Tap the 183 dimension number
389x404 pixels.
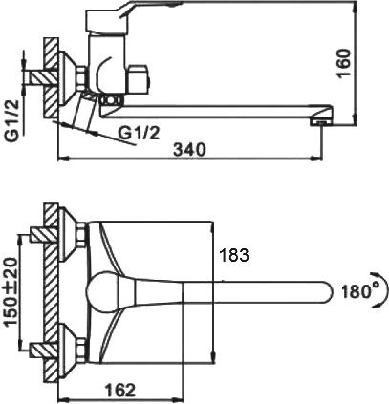click(x=234, y=255)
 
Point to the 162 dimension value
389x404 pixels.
click(x=118, y=390)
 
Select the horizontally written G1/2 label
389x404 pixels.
click(x=140, y=132)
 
